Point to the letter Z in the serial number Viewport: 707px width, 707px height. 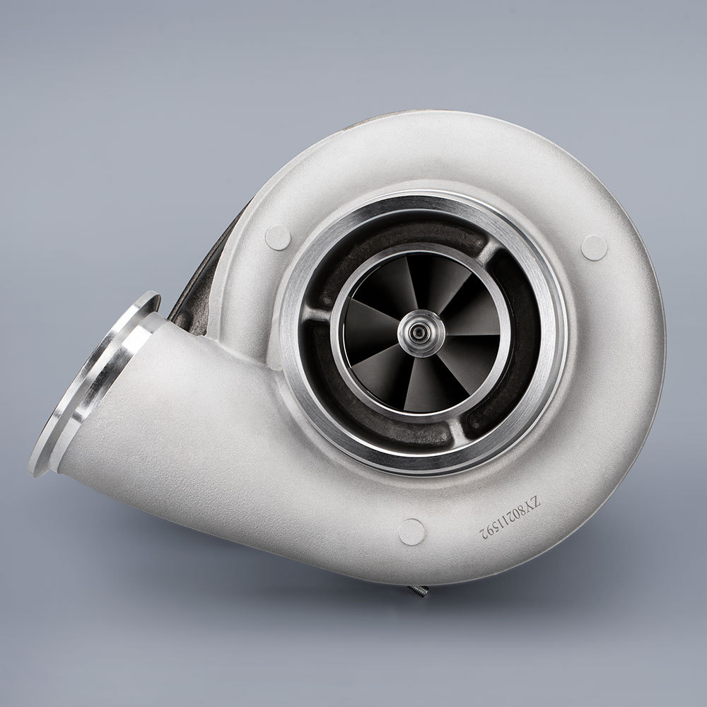(536, 502)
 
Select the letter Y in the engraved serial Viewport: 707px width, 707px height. (530, 508)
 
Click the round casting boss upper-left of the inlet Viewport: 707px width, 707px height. (278, 237)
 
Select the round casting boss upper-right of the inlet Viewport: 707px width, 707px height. (594, 247)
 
